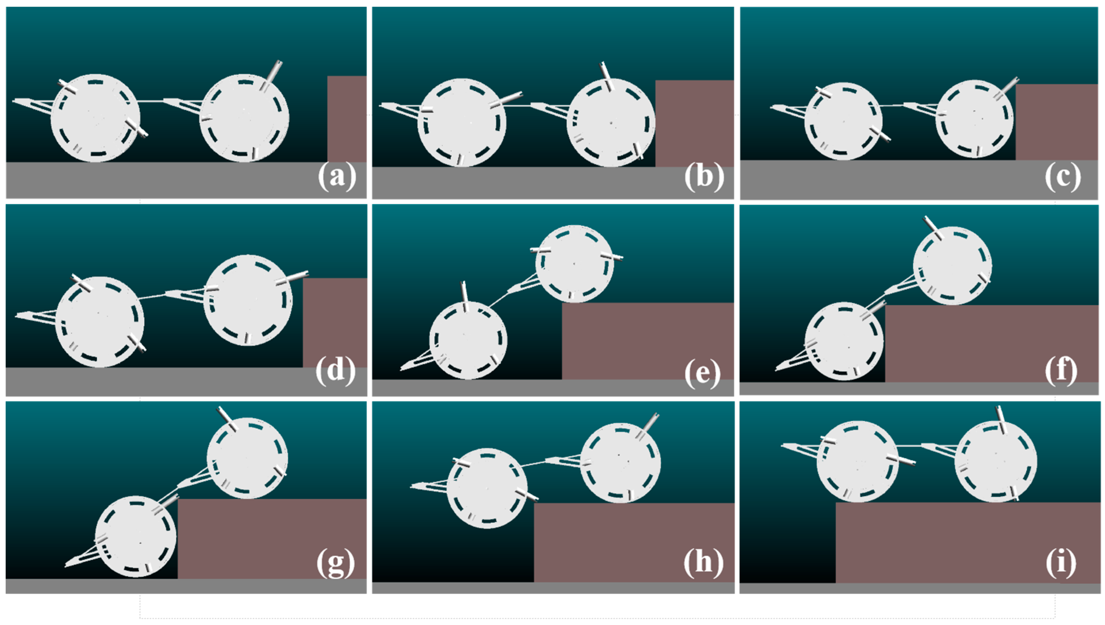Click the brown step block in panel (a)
pyautogui.click(x=347, y=119)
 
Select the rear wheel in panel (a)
pyautogui.click(x=96, y=118)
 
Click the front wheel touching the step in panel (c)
pyautogui.click(x=974, y=119)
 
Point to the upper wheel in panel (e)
pyautogui.click(x=574, y=264)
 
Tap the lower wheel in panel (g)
pyautogui.click(x=136, y=537)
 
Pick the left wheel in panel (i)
pyautogui.click(x=857, y=461)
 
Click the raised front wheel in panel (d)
pyautogui.click(x=248, y=300)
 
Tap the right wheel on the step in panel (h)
pyautogui.click(x=620, y=463)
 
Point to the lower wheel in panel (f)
pyautogui.click(x=844, y=341)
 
